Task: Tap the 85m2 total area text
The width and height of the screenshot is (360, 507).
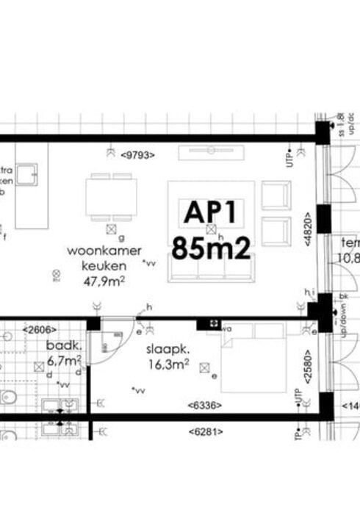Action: [211, 248]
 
